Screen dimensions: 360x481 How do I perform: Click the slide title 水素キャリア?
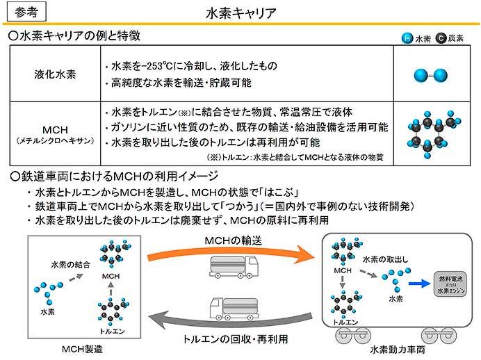point(241,13)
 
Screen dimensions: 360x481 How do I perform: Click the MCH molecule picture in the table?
point(431,133)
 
